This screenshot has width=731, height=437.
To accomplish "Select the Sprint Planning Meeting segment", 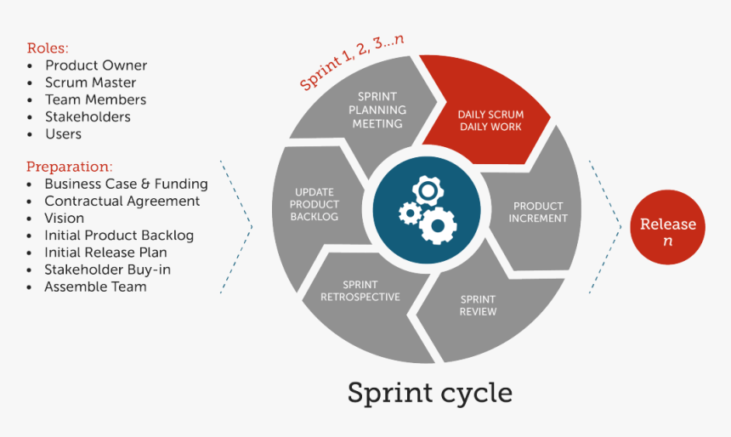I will (377, 111).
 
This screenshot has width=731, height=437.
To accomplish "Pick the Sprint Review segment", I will (478, 305).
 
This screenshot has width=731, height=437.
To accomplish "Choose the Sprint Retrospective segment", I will (360, 291).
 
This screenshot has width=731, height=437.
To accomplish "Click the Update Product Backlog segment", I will (314, 204).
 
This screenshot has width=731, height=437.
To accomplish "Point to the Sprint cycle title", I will (429, 392).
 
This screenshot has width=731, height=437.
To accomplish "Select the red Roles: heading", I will (48, 48).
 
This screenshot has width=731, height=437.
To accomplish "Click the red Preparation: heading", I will (69, 167).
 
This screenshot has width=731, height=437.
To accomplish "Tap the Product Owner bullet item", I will (96, 65).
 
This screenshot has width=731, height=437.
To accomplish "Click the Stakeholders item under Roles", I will (88, 116).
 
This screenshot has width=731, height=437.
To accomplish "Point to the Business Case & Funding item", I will (126, 184).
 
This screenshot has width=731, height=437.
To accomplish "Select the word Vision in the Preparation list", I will (65, 218).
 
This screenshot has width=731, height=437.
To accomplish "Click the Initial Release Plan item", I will (105, 252).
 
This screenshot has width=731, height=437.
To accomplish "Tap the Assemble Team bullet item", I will (95, 287).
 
